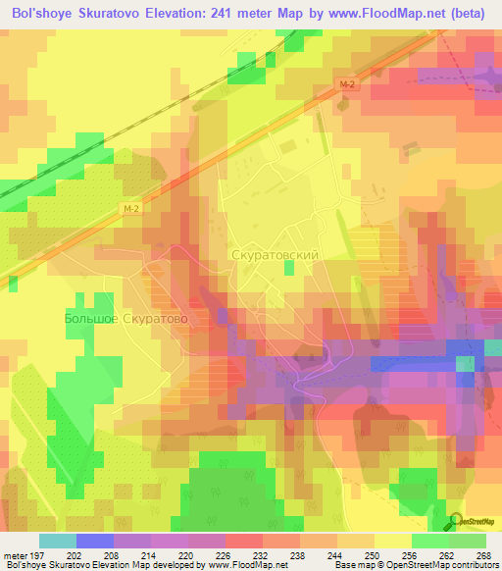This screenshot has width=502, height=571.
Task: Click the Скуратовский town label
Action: [x=275, y=254]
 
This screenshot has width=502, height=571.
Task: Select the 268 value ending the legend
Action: [x=483, y=555]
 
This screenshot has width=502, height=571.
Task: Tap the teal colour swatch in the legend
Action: [x=58, y=541]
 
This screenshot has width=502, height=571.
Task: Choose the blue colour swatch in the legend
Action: [x=95, y=541]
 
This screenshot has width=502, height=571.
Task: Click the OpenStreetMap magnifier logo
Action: [x=456, y=521]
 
